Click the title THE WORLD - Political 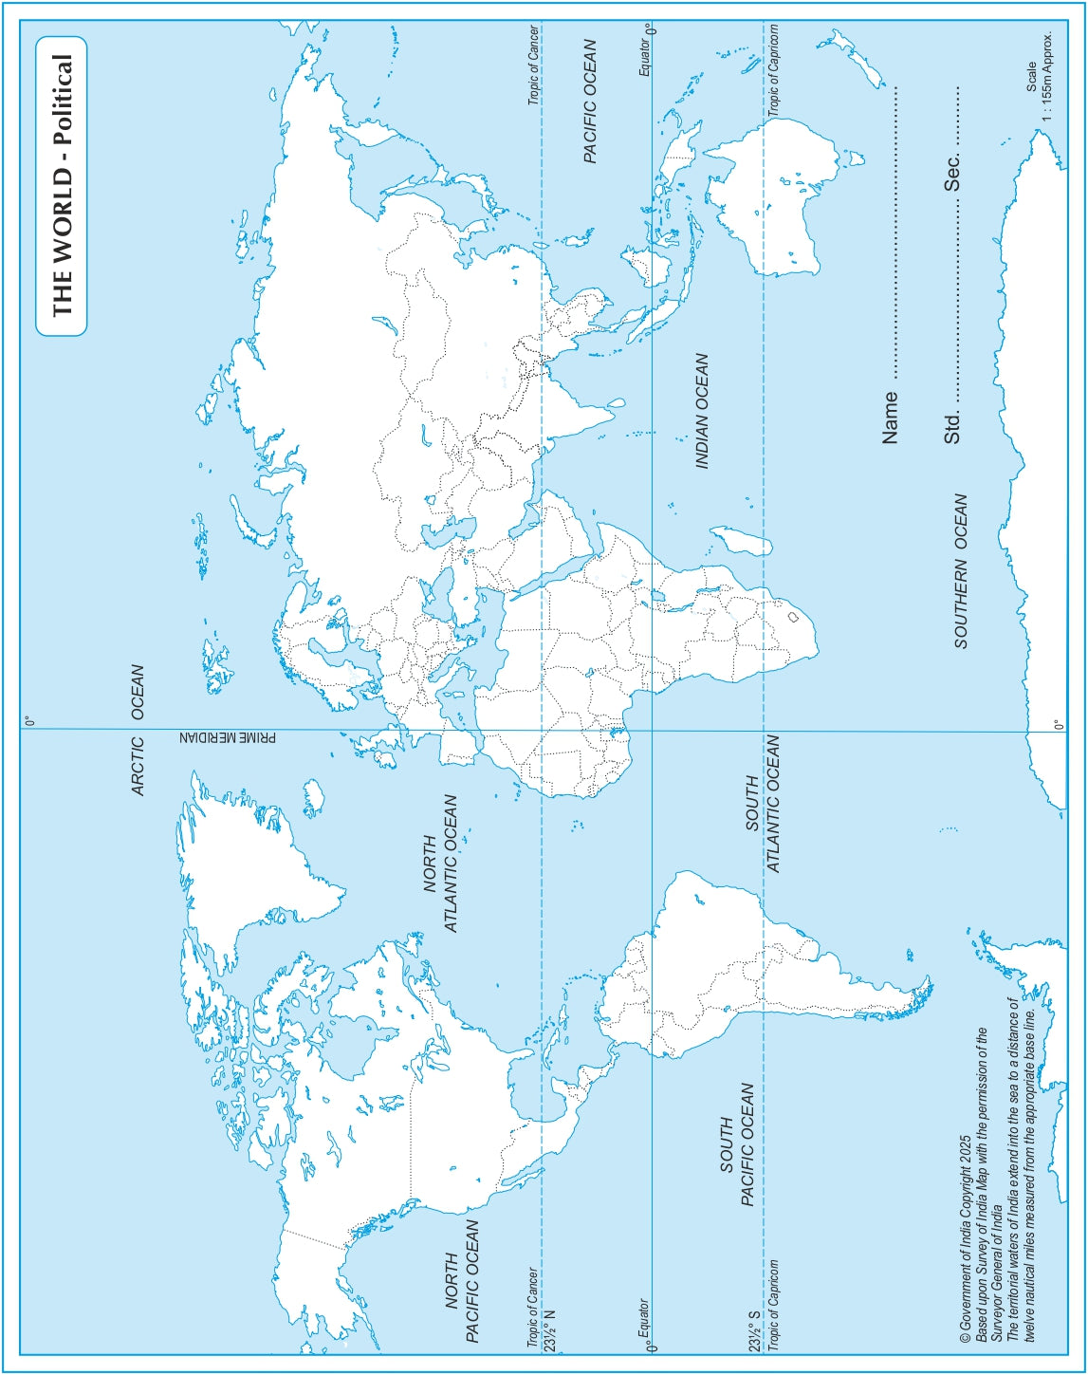(61, 186)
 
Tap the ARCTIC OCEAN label (138, 731)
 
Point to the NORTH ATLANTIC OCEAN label (440, 864)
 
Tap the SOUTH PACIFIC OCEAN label (737, 1144)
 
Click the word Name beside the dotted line (890, 418)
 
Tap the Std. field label (953, 426)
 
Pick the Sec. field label (953, 171)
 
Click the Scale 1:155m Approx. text (1040, 76)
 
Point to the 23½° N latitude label (548, 1329)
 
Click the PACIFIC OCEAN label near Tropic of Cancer (590, 101)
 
